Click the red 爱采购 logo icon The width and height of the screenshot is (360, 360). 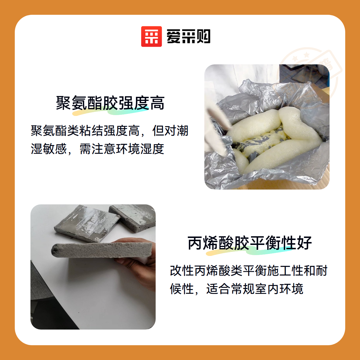[x=151, y=37]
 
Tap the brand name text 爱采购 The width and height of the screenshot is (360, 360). [x=188, y=37]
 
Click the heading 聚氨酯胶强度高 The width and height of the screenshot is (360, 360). [x=110, y=103]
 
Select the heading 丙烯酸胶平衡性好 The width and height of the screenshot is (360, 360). [x=250, y=243]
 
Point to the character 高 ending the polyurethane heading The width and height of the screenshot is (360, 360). [x=157, y=103]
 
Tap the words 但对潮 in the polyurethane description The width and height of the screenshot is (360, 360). [x=170, y=130]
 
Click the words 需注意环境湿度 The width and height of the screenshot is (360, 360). [x=122, y=149]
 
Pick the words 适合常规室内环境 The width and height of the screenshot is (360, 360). [x=254, y=289]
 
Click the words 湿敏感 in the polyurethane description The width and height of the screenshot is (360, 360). [x=49, y=149]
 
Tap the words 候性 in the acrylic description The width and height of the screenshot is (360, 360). [x=181, y=289]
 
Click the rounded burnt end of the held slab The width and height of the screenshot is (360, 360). [x=55, y=250]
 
